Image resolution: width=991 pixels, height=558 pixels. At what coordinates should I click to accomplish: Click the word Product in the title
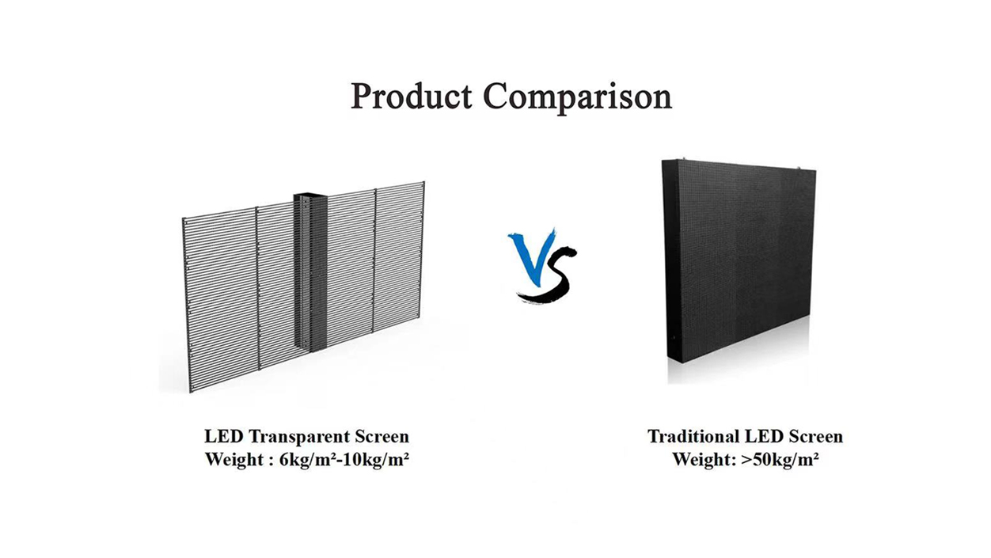pyautogui.click(x=412, y=96)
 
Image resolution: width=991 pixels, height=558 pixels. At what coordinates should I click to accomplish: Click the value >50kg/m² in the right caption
pyautogui.click(x=780, y=460)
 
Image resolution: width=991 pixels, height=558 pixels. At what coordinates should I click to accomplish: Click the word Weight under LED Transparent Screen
pyautogui.click(x=234, y=460)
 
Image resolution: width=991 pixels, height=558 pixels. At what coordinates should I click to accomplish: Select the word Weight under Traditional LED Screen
pyautogui.click(x=702, y=460)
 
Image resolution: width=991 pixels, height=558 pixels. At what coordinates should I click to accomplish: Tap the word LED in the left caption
pyautogui.click(x=224, y=437)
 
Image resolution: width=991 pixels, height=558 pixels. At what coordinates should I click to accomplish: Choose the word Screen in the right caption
pyautogui.click(x=816, y=437)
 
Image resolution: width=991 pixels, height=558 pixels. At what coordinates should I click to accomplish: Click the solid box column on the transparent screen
pyautogui.click(x=309, y=271)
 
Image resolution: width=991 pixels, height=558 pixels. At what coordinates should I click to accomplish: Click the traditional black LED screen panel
pyautogui.click(x=739, y=260)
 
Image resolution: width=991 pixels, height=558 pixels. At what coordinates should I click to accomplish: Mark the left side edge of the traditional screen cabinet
pyautogui.click(x=665, y=260)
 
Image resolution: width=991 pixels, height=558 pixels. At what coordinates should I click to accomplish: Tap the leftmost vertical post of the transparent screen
pyautogui.click(x=187, y=305)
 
